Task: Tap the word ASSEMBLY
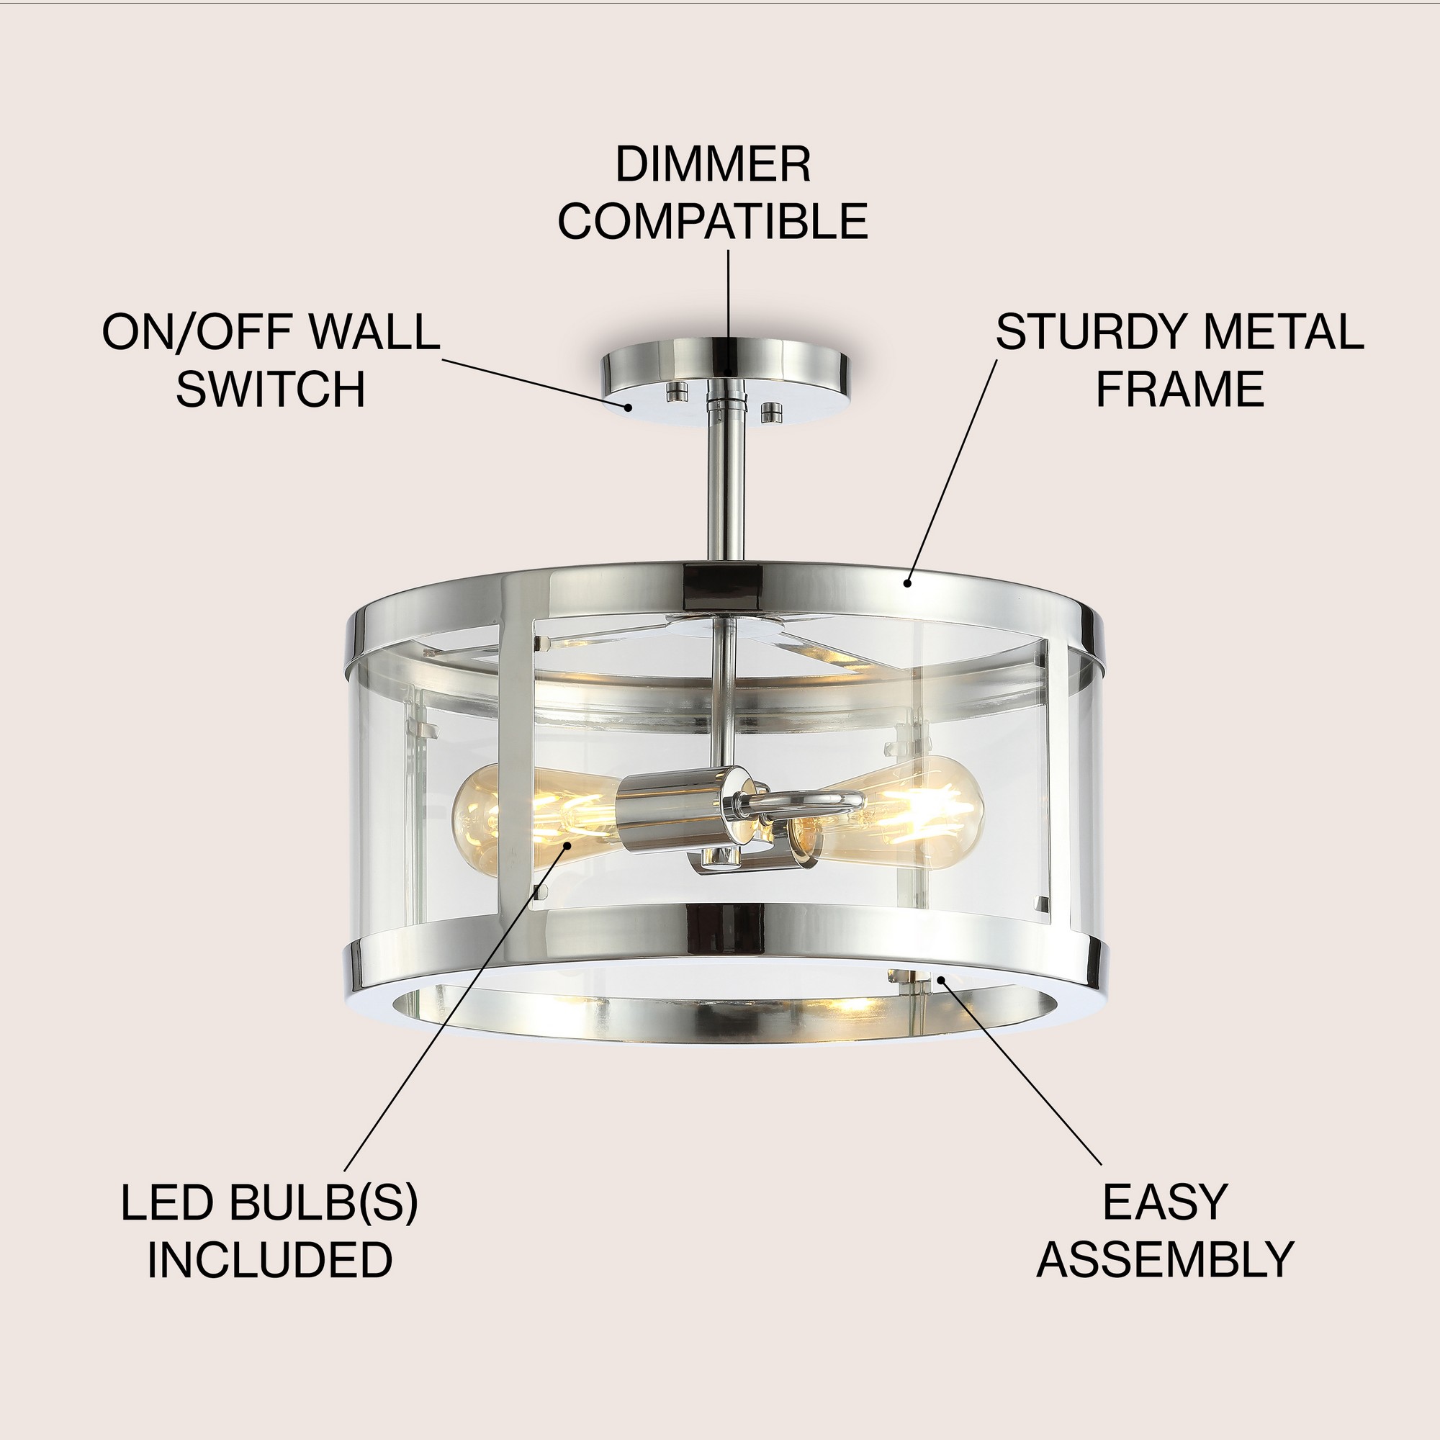click(x=1165, y=1259)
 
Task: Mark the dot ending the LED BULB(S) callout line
click(x=568, y=845)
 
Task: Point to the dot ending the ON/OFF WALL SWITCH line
click(x=630, y=407)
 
